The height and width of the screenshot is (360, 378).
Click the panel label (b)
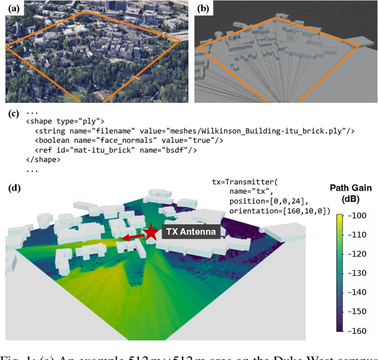[203, 9]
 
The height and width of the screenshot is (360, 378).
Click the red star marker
[152, 232]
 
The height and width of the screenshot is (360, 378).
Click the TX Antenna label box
[190, 232]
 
